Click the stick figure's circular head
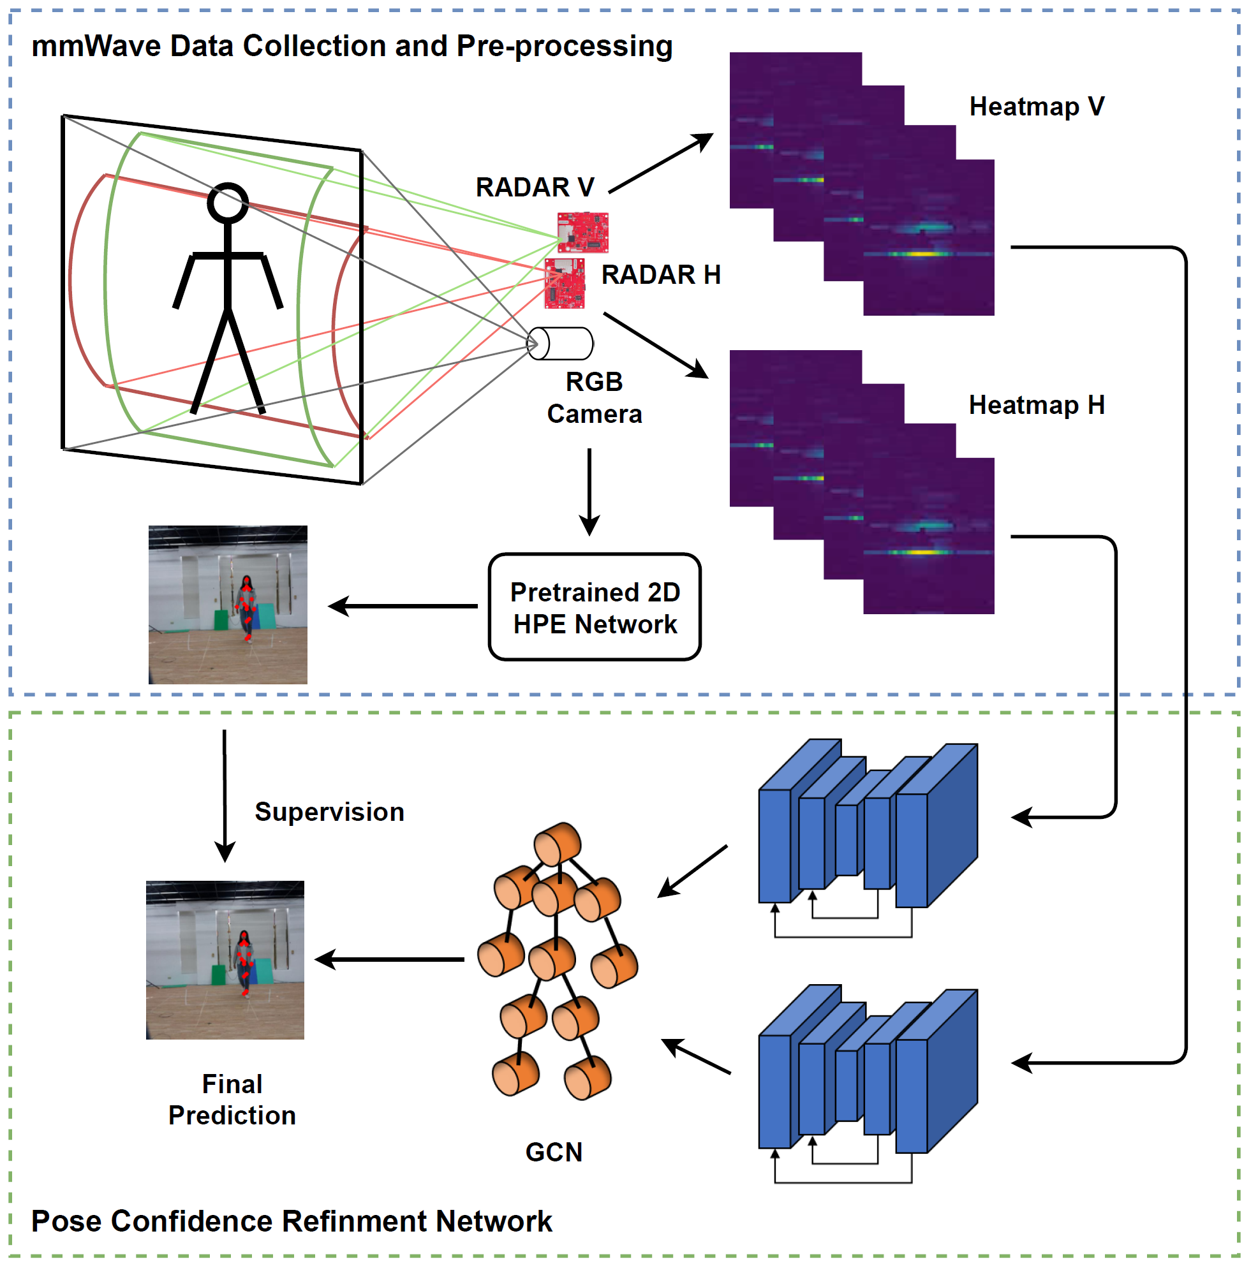pos(227,202)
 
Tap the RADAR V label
pos(534,188)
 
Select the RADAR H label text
pos(660,274)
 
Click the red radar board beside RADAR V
pos(582,232)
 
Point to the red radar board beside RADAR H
pos(564,283)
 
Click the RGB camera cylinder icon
pos(560,343)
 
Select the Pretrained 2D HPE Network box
pos(595,607)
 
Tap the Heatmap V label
pos(1036,106)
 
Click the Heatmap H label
pos(1036,405)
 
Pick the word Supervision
pos(329,812)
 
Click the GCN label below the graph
pos(554,1152)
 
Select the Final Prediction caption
pos(232,1100)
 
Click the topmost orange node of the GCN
pos(558,844)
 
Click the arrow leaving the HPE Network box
pos(403,606)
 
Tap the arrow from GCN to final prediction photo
pos(390,959)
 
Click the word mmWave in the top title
pos(96,47)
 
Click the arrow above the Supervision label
pos(225,795)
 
